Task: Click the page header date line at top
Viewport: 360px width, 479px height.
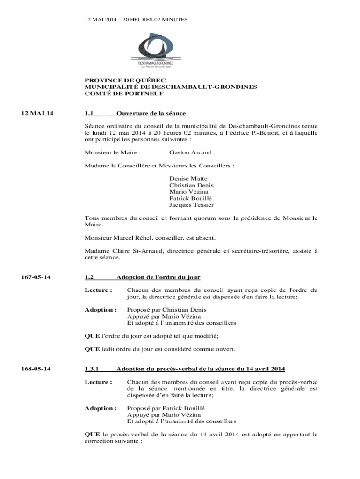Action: click(x=136, y=19)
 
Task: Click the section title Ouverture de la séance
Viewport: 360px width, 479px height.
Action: click(x=151, y=113)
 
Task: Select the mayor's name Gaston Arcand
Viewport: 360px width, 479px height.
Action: click(x=190, y=152)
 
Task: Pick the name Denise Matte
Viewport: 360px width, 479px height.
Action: click(x=188, y=179)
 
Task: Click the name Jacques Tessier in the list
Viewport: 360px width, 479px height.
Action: click(x=191, y=205)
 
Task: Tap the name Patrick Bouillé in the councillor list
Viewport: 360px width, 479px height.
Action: click(x=191, y=198)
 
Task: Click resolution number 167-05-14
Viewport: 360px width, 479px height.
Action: click(x=36, y=277)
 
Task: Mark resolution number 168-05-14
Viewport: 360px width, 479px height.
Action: click(x=36, y=369)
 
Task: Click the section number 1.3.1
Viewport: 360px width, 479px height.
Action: click(x=93, y=369)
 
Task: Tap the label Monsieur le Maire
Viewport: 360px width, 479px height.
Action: click(x=112, y=152)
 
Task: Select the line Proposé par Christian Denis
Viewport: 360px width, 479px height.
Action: click(x=166, y=310)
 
